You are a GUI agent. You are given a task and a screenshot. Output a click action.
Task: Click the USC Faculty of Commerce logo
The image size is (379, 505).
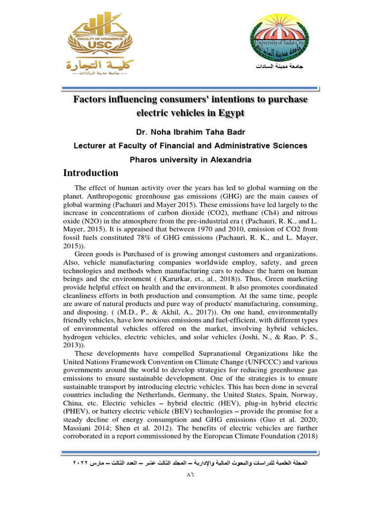[99, 47]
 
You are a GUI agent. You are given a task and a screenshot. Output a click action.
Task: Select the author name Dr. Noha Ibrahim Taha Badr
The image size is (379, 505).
[190, 132]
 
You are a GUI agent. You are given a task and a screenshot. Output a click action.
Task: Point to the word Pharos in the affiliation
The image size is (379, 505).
[144, 160]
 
